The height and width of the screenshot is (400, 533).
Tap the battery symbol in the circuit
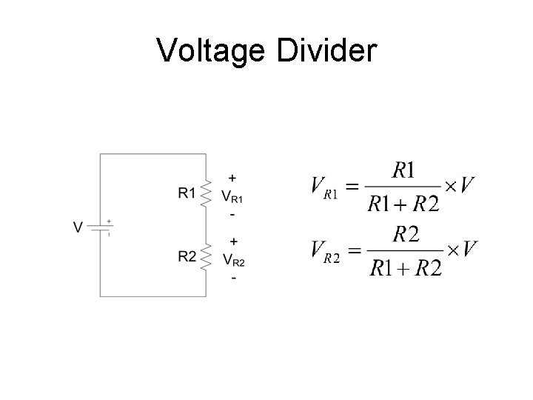pyautogui.click(x=101, y=227)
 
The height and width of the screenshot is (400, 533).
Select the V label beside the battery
pyautogui.click(x=78, y=227)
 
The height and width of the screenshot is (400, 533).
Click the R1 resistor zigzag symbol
pyautogui.click(x=206, y=193)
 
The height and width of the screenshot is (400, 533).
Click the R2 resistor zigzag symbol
pyautogui.click(x=206, y=256)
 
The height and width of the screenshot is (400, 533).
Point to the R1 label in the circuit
pyautogui.click(x=187, y=193)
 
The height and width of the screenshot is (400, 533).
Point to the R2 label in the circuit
pyautogui.click(x=187, y=256)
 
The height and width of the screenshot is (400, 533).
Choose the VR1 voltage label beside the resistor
pyautogui.click(x=232, y=197)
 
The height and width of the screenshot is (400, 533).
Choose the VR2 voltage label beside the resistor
pyautogui.click(x=232, y=260)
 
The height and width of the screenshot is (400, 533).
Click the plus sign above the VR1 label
pyautogui.click(x=233, y=179)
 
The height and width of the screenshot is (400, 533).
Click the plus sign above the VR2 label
pyautogui.click(x=234, y=241)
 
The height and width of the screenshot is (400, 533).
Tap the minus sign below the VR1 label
pyautogui.click(x=233, y=215)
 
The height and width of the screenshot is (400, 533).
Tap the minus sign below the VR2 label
pyautogui.click(x=234, y=279)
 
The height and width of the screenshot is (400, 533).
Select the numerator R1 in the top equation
pyautogui.click(x=403, y=171)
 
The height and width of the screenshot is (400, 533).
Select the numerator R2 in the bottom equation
pyautogui.click(x=405, y=235)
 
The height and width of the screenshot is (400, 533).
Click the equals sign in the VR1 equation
pyautogui.click(x=354, y=186)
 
